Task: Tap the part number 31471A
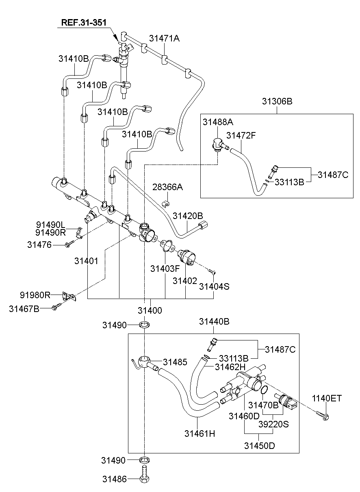coord(164,39)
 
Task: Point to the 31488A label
coord(219,122)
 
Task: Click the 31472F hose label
coord(241,135)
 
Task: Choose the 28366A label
coord(168,187)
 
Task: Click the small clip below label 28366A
coord(166,202)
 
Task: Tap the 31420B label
coord(188,215)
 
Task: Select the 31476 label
coord(39,245)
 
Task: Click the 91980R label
coord(35,295)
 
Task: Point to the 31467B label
coord(24,309)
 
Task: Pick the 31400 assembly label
coord(150,310)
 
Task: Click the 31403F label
coord(165,269)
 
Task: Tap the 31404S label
coord(214,286)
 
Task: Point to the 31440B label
coord(214,322)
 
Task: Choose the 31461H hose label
coord(200,433)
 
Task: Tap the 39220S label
coord(274,425)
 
